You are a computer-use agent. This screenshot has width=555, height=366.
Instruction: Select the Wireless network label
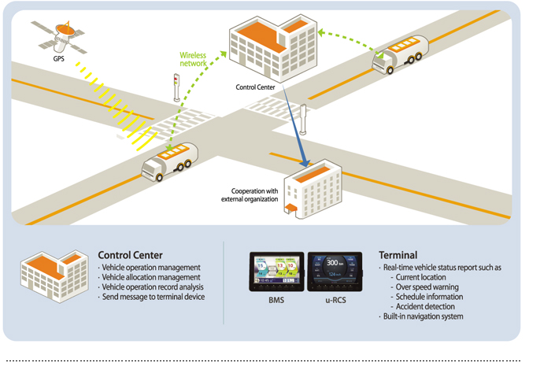pos(194,61)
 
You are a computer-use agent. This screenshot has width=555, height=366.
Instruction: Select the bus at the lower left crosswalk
pos(169,161)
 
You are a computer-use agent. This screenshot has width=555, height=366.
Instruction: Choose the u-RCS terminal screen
pos(334,274)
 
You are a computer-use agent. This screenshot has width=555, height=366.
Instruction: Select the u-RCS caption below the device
pos(334,301)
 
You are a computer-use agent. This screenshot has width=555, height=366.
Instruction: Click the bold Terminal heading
pos(398,255)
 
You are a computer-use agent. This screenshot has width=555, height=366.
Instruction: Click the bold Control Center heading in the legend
pos(130,255)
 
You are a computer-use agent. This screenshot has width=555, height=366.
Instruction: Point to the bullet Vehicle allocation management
pos(149,277)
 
